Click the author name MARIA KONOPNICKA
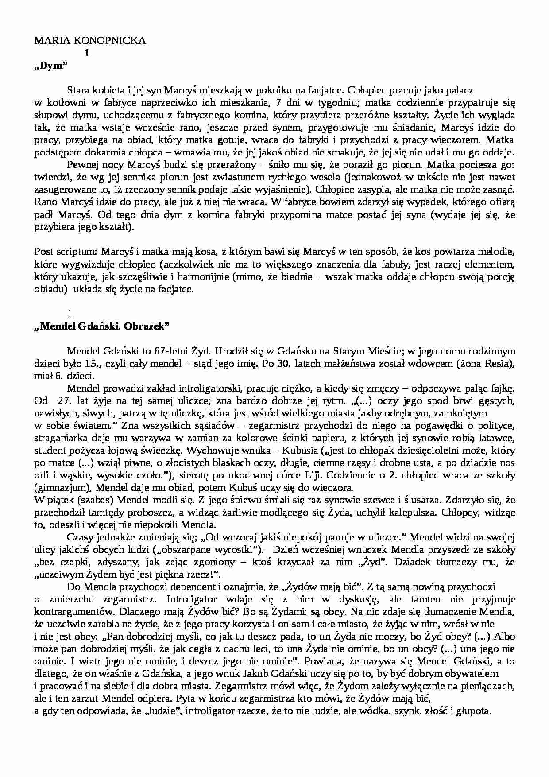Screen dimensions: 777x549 pos(90,40)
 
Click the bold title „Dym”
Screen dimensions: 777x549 pos(50,66)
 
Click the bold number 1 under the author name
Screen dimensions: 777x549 pos(87,53)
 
